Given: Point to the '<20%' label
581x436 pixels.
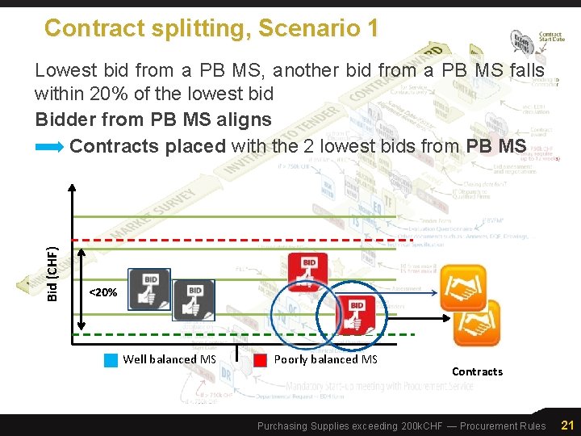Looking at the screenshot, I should [x=102, y=291].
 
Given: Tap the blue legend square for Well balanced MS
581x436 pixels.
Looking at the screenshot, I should [x=111, y=360].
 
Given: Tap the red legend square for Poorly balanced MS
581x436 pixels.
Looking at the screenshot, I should [x=261, y=360].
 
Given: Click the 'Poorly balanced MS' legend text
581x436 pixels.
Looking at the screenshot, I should [x=326, y=359].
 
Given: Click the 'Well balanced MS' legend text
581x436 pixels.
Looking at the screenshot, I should [x=169, y=359].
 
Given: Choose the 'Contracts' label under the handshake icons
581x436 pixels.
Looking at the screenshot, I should [x=477, y=371].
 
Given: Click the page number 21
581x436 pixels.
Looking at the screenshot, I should [x=566, y=426].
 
